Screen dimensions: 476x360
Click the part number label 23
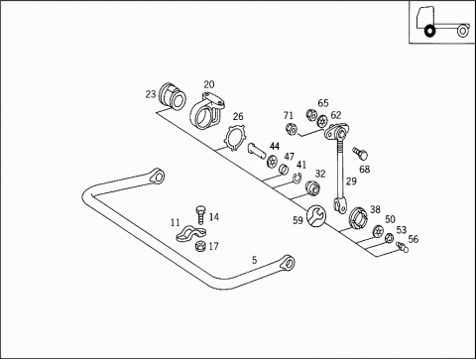pos(151,94)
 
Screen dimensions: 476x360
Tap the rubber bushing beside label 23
pos(173,96)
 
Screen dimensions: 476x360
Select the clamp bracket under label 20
pos(207,111)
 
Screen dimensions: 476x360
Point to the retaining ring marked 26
pos(234,138)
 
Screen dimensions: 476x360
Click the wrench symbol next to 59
pos(316,216)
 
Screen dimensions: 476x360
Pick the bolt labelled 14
pos(200,216)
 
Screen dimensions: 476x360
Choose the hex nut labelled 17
pos(200,246)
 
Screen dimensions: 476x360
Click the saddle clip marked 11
pos(191,233)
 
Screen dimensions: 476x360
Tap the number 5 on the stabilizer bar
pos(254,260)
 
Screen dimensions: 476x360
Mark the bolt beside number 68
pos(360,154)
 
